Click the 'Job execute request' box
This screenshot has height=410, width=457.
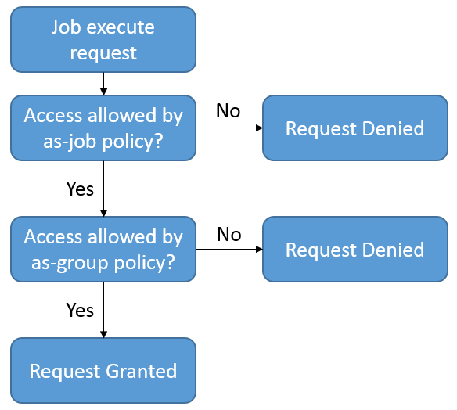point(103,40)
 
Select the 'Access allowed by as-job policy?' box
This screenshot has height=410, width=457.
point(103,128)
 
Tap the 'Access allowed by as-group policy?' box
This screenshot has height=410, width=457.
point(103,249)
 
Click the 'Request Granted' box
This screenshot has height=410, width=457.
point(103,371)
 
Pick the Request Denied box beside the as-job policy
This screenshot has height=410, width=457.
point(355,128)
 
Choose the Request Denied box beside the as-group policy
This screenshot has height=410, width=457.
point(355,249)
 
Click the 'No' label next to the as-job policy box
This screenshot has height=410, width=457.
point(228,111)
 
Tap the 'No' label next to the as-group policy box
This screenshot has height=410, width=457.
point(229,234)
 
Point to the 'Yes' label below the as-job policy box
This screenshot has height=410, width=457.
point(80,189)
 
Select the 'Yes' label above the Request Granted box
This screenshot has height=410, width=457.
point(80,310)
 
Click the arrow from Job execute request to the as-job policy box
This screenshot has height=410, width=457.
point(103,84)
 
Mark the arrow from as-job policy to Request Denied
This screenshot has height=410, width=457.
point(229,128)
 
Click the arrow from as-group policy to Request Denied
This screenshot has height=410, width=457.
point(229,249)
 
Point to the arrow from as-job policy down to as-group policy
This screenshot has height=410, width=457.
point(103,189)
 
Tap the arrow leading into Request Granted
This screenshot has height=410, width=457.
point(103,310)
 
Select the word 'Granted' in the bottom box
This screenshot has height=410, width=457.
point(142,371)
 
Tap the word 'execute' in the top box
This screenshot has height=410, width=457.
point(121,27)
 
